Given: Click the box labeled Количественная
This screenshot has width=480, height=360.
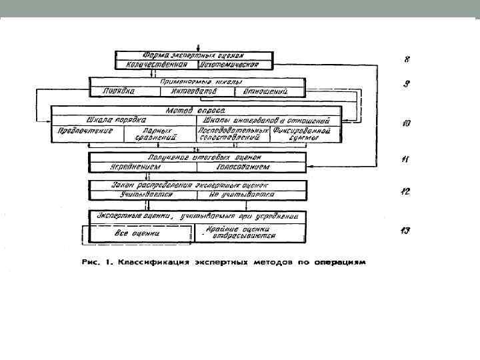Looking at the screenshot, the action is pyautogui.click(x=157, y=65).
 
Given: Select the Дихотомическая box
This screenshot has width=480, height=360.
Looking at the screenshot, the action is pyautogui.click(x=235, y=65).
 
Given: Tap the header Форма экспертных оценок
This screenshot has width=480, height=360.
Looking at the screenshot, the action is pyautogui.click(x=196, y=55).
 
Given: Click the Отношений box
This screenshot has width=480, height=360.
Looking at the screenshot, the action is pyautogui.click(x=265, y=91).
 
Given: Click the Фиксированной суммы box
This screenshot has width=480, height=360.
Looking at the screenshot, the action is pyautogui.click(x=307, y=135).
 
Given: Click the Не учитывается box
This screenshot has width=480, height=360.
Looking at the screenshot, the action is pyautogui.click(x=251, y=195).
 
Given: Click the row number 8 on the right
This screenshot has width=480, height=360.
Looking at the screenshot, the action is pyautogui.click(x=407, y=59).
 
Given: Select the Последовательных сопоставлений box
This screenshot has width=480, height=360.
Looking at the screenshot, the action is pyautogui.click(x=233, y=135).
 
